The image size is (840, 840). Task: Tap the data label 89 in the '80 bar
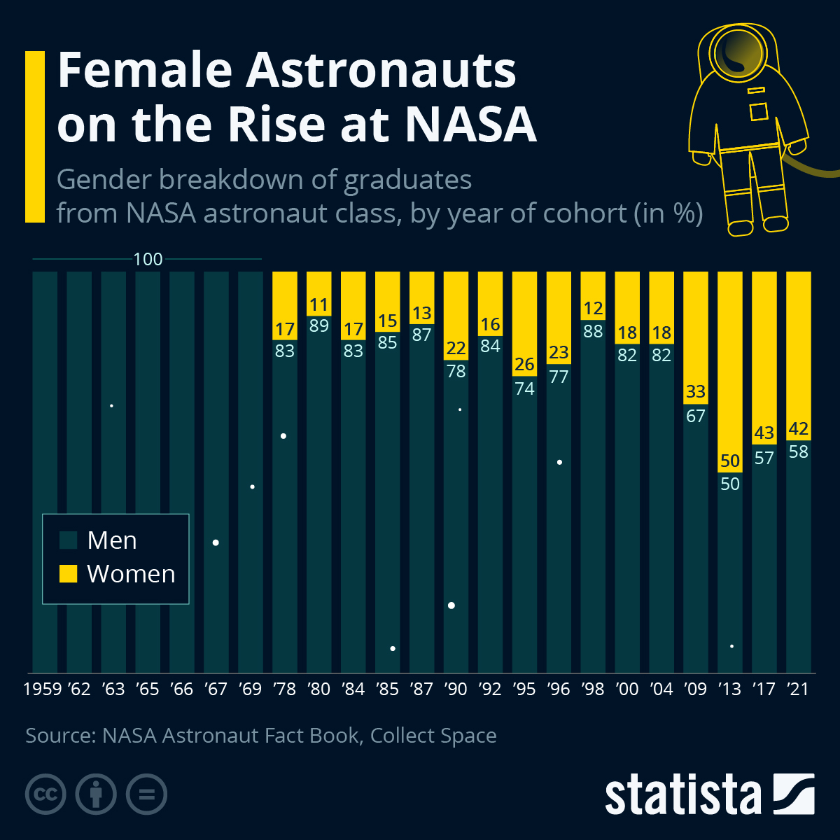(x=318, y=325)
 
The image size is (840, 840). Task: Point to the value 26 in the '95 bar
(x=524, y=365)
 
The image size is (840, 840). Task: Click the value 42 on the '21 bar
(x=798, y=428)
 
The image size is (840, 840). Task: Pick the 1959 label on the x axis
(x=43, y=689)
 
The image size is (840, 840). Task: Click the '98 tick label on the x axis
(x=592, y=689)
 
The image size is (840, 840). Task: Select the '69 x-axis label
(x=250, y=689)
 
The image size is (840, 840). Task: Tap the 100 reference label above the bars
(x=148, y=260)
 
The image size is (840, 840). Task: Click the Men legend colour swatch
(x=68, y=540)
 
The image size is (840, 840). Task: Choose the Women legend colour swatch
(x=68, y=574)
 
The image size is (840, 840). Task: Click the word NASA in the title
(x=470, y=125)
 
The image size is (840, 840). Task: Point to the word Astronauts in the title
(x=381, y=70)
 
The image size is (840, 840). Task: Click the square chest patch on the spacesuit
(x=759, y=112)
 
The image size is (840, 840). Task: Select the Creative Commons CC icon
(x=45, y=794)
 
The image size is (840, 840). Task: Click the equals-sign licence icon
(x=147, y=794)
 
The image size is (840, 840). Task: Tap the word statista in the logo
(x=682, y=794)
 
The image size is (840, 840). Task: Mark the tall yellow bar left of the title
(x=35, y=136)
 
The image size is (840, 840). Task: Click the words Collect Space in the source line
(x=433, y=736)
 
